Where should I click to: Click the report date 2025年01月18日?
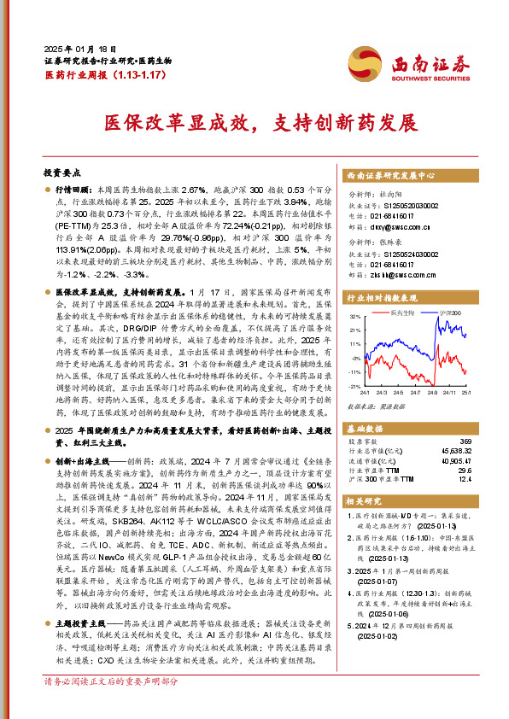click(74, 49)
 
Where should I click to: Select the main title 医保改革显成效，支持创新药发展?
click(254, 123)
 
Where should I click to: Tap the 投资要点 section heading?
click(61, 172)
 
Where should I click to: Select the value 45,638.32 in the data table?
click(455, 449)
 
